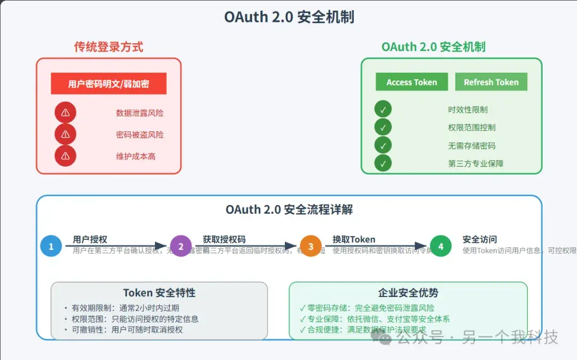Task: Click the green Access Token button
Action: (411, 82)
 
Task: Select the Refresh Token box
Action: (491, 82)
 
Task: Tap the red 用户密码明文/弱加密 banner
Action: (108, 84)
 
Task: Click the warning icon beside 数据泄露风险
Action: (65, 113)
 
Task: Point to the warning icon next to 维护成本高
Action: (65, 156)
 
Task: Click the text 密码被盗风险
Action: (140, 135)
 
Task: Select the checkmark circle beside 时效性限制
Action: (383, 109)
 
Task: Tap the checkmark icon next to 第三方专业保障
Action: (383, 163)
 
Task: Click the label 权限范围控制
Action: (472, 128)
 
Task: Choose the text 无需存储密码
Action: (472, 145)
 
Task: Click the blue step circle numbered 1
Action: (51, 246)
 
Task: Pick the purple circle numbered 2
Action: (181, 246)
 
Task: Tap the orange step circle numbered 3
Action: (310, 246)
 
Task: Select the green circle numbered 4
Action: (441, 246)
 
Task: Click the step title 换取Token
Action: (354, 239)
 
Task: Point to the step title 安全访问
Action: (480, 239)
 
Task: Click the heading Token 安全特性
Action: (159, 293)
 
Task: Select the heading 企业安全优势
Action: (408, 293)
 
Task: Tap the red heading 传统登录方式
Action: (108, 47)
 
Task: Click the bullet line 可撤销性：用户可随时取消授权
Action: (127, 330)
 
